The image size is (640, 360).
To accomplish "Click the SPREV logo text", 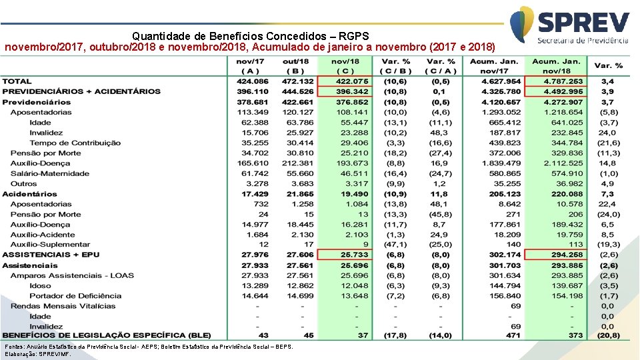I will coord(583,21).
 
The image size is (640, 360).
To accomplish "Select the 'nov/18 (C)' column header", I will coord(345,66).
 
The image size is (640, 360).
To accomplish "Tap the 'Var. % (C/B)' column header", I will coord(396,66).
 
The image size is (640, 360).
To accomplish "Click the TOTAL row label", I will coord(17,81).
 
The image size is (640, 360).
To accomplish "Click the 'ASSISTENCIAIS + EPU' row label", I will coord(51,255).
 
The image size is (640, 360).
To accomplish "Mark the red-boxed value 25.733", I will coord(353,255).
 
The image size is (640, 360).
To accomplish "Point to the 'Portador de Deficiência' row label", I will coord(75,296).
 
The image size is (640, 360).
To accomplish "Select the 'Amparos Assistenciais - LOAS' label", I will coord(72,275).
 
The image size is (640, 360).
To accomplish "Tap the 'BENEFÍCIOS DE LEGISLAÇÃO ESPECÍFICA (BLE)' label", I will coord(106,335).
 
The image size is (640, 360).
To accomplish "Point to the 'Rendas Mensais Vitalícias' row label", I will coord(63,306).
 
